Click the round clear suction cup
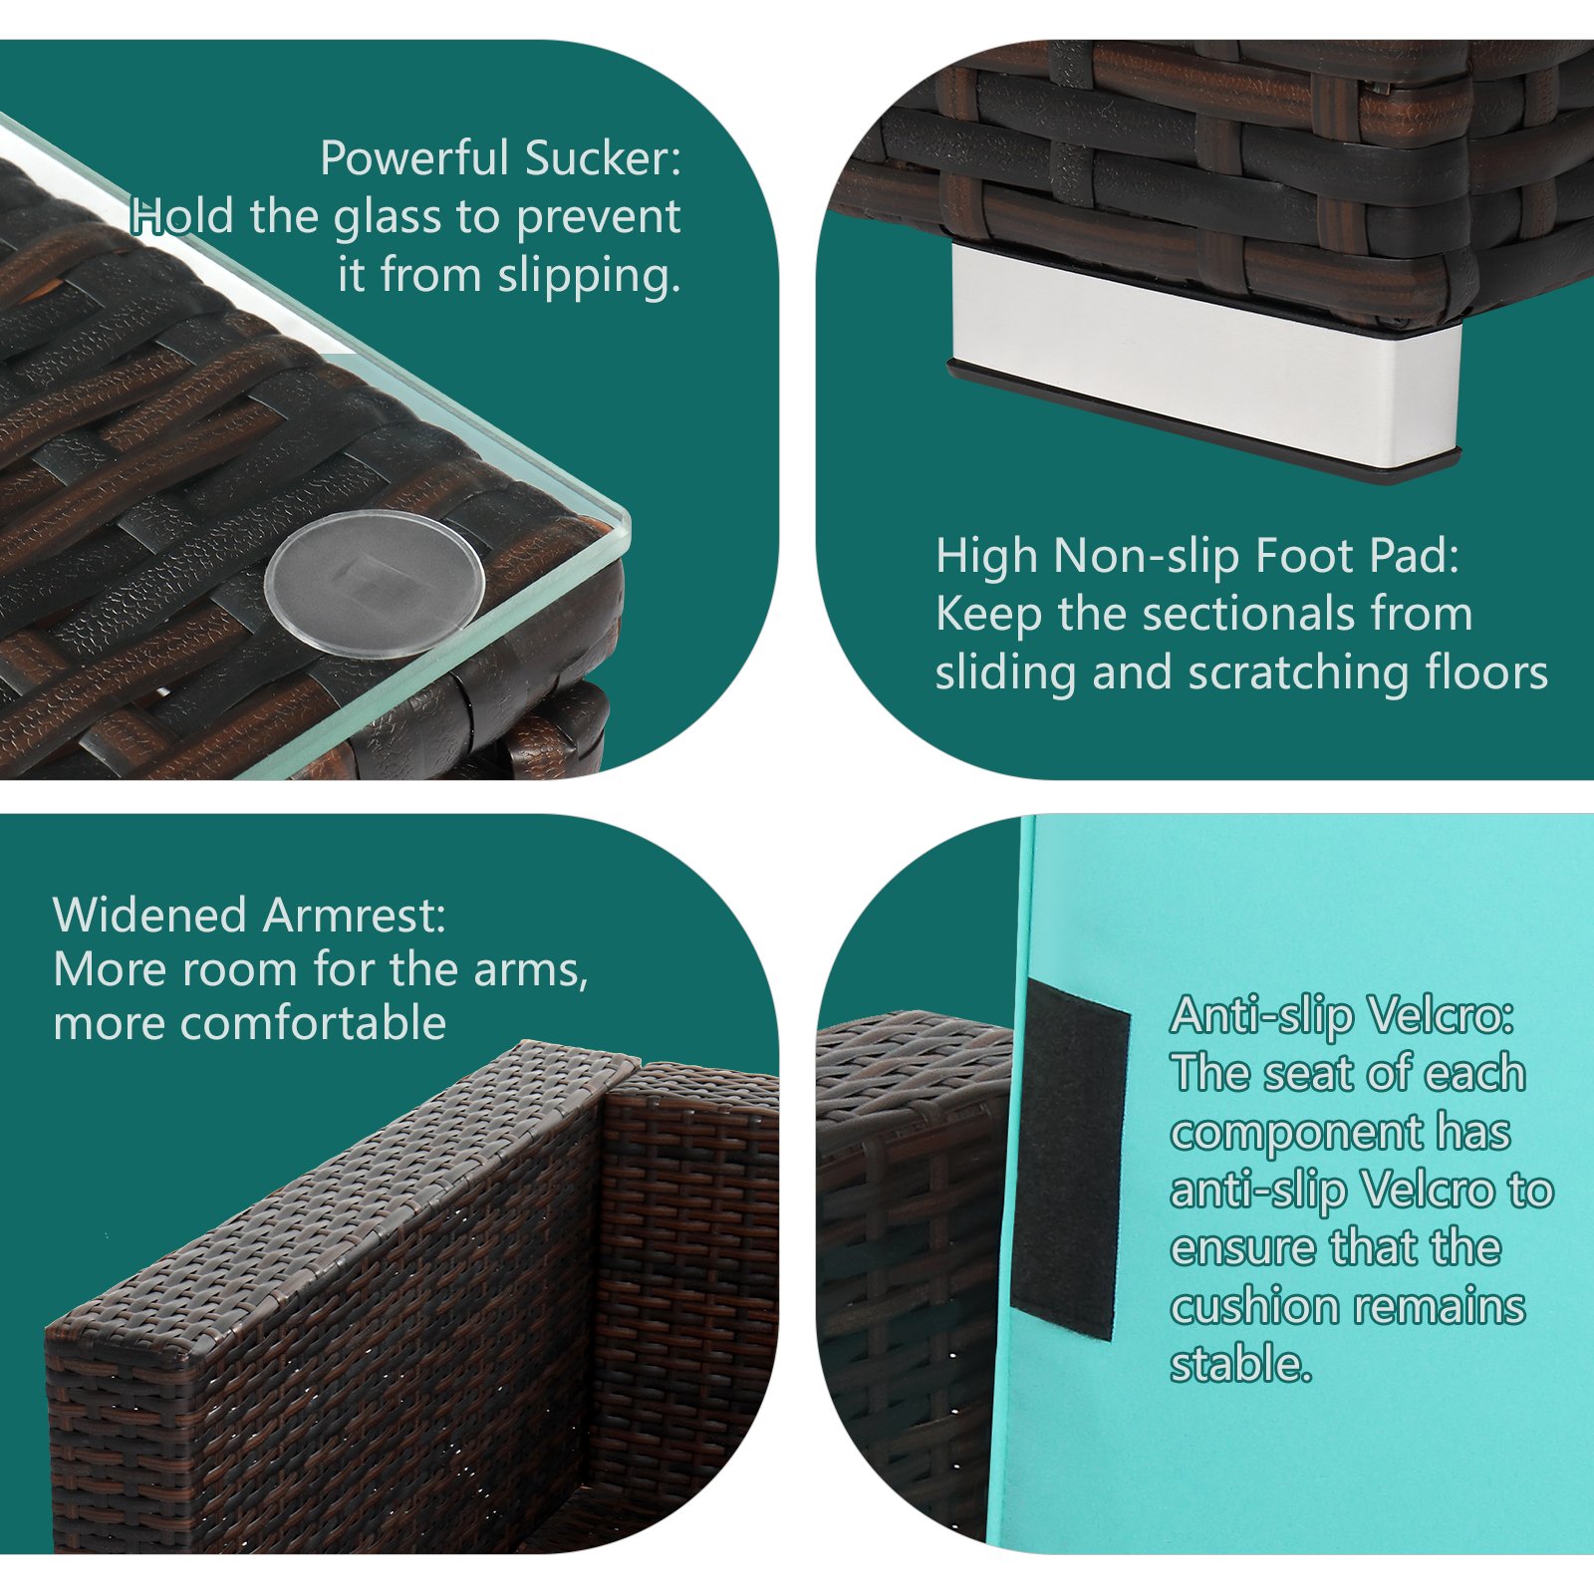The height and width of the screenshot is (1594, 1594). pos(375,583)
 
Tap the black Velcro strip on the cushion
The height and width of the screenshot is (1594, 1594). pos(1071,1159)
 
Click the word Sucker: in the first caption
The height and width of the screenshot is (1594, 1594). pos(603,158)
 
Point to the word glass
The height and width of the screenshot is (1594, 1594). pos(391,218)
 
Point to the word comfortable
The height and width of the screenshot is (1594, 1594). pos(249,1023)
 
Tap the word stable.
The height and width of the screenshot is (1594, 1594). pos(1240,1365)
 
